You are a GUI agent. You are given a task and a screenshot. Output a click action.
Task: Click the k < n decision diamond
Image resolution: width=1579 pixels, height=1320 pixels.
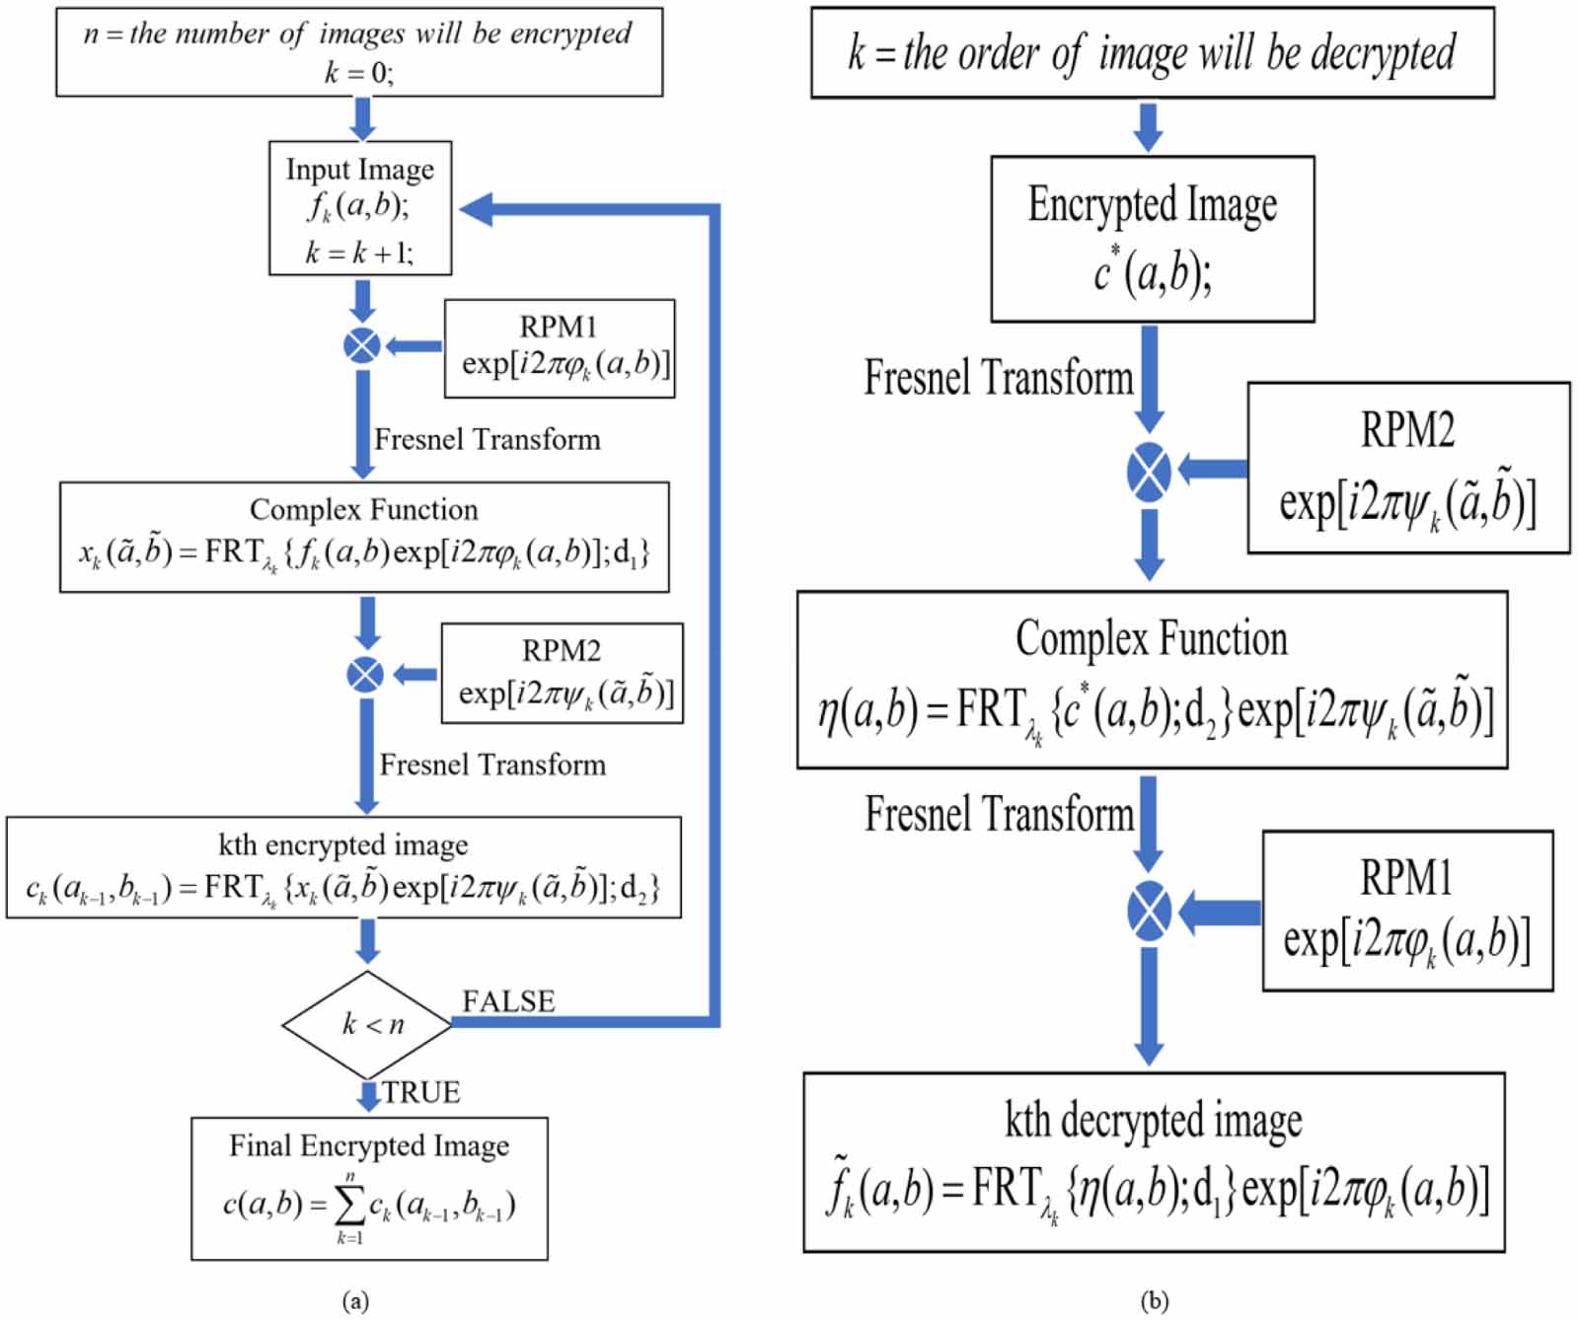(x=367, y=1024)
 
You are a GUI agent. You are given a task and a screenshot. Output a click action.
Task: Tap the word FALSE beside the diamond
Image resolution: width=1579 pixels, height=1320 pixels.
(x=508, y=1001)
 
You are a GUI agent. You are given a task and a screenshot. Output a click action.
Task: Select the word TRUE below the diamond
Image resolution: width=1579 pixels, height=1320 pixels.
(x=421, y=1092)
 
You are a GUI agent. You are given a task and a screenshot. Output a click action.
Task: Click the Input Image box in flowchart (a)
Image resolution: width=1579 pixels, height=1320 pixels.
(x=360, y=208)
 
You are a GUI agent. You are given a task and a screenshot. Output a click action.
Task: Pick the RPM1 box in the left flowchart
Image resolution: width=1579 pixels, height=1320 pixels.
(x=560, y=348)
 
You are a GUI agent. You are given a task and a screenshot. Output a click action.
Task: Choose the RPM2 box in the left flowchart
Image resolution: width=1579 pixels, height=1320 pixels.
(x=562, y=673)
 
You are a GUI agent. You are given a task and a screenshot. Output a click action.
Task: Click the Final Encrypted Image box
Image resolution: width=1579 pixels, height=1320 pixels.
(x=369, y=1188)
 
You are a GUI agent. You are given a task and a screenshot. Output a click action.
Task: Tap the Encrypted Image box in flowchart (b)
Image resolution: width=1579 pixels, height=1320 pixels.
(x=1152, y=239)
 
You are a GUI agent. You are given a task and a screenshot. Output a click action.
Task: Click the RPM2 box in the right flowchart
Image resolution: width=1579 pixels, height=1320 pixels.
(x=1408, y=468)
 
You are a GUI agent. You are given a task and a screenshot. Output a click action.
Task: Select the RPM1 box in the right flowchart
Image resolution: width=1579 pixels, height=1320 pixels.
(x=1407, y=910)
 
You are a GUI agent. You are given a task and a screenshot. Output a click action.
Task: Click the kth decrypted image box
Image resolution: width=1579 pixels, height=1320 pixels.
(x=1154, y=1161)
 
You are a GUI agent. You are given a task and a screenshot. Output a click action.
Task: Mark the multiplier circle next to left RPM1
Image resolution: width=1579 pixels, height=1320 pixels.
(x=362, y=346)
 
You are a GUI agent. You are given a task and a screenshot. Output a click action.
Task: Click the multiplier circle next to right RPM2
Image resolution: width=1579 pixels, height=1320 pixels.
(x=1149, y=471)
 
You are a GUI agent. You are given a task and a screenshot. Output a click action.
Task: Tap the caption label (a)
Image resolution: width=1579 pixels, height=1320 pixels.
(x=355, y=1300)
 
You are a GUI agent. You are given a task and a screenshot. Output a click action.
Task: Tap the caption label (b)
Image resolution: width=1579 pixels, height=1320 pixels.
(x=1154, y=1300)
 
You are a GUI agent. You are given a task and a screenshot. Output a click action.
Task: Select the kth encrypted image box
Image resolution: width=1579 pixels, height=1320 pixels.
(x=343, y=867)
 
